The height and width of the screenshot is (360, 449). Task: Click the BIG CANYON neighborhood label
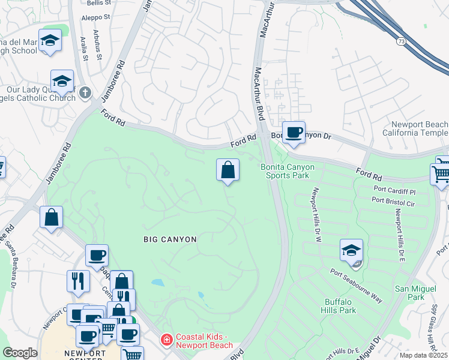170,239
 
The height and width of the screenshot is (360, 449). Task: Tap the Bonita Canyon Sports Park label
285,171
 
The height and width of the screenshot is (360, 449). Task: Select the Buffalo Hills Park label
340,306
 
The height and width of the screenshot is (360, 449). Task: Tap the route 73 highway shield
401,41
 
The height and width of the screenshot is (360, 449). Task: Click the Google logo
20,353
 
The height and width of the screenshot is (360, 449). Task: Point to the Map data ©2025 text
423,355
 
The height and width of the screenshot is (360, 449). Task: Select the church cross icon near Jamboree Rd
85,92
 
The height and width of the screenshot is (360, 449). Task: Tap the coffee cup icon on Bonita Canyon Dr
294,133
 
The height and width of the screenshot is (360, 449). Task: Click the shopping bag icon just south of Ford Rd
228,170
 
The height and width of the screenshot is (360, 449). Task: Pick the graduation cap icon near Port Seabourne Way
351,251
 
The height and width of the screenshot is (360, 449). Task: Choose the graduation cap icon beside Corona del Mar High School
50,41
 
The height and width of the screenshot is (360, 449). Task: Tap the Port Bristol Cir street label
394,203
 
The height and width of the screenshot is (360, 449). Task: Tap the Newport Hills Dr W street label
315,214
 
